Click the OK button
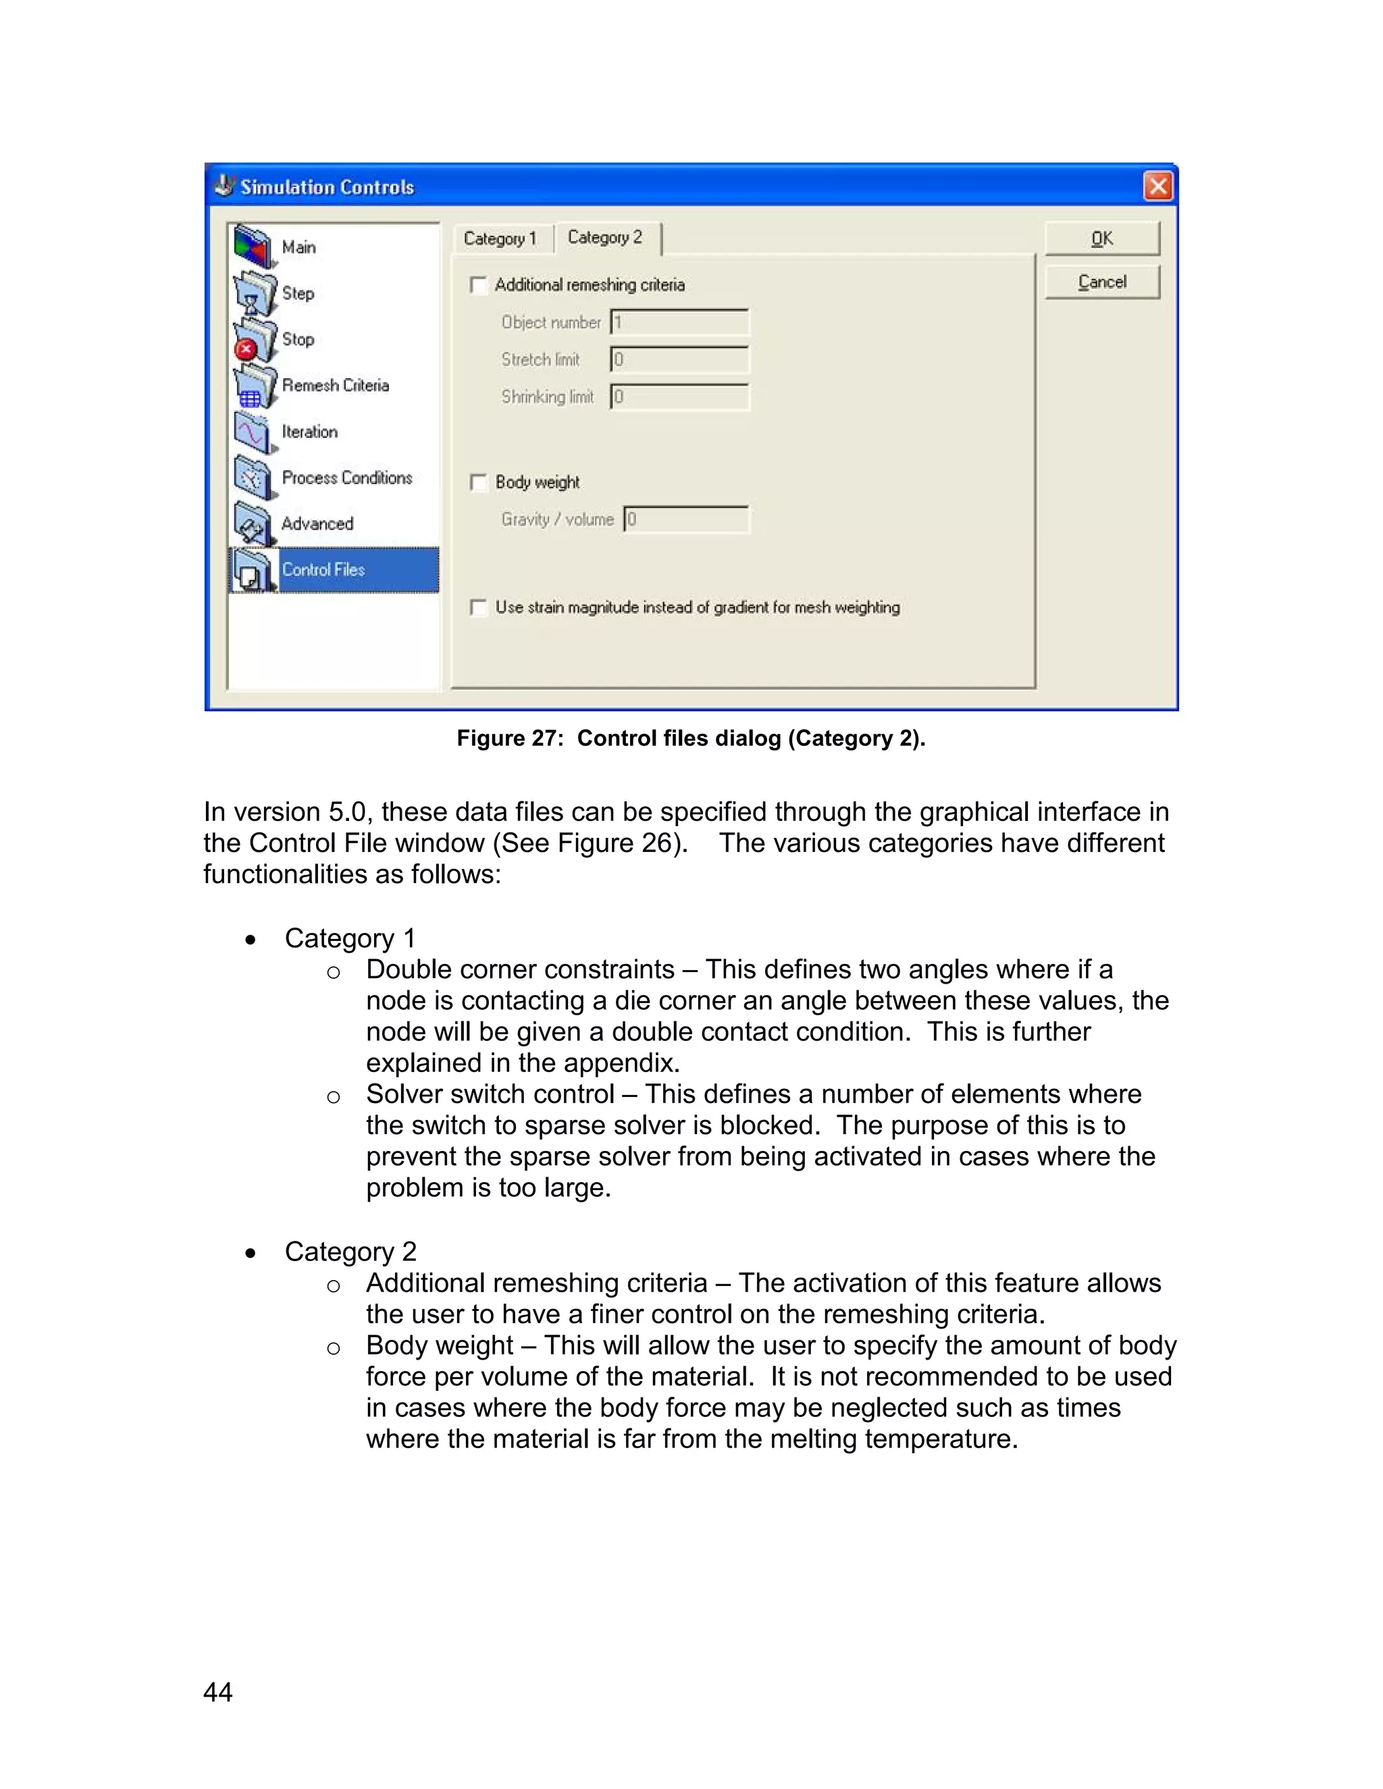tap(1102, 238)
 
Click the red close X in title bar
tap(1157, 187)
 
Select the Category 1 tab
tap(500, 238)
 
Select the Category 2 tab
tap(606, 238)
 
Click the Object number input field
tap(679, 322)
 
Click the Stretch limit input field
tap(679, 360)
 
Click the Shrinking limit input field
tap(679, 397)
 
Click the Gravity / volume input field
tap(686, 519)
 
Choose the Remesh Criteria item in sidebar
tap(335, 385)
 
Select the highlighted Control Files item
tap(323, 569)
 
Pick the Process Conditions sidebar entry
tap(346, 477)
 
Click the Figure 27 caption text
tap(691, 738)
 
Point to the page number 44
tap(218, 1692)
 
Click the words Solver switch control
tap(490, 1094)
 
